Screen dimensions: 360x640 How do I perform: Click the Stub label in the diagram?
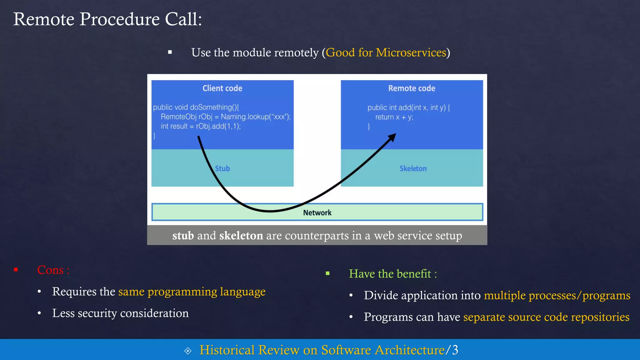[x=222, y=168]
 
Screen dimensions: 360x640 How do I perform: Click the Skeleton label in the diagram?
[x=413, y=168]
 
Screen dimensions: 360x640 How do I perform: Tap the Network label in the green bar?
[x=317, y=213]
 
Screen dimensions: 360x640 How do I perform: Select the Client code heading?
[x=222, y=88]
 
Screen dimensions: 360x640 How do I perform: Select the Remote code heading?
[x=412, y=88]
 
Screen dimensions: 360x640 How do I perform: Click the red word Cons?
[x=50, y=270]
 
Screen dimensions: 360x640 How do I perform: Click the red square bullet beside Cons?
[x=16, y=270]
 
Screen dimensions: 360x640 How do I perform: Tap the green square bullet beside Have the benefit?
[x=327, y=273]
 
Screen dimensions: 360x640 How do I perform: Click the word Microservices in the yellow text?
[x=411, y=52]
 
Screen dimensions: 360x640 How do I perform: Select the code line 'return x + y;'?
[x=394, y=117]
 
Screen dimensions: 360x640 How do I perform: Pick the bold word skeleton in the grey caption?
[x=241, y=236]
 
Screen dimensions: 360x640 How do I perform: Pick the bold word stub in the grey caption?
[x=183, y=236]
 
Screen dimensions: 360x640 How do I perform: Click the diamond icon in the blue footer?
[x=188, y=351]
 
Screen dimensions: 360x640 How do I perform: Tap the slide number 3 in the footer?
[x=455, y=350]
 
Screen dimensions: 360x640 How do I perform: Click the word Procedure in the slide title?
[x=120, y=19]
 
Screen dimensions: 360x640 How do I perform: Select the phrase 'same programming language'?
[x=192, y=292]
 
